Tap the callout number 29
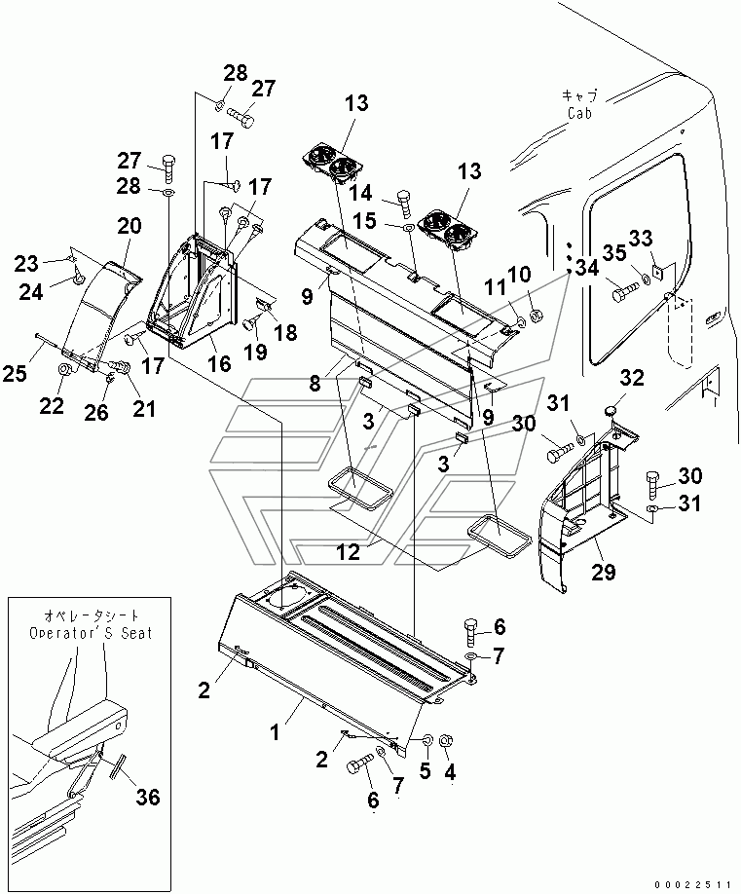(604, 572)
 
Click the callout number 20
(130, 227)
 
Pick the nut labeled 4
(446, 743)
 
